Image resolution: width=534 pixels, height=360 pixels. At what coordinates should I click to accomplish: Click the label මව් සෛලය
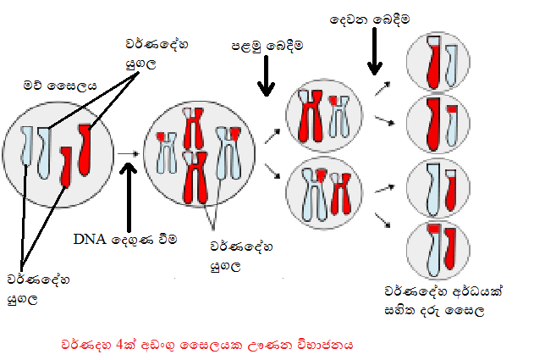point(60,85)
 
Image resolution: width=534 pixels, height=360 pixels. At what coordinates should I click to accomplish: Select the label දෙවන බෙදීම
point(371,18)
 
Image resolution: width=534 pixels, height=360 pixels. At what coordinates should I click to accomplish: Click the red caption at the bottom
point(206,345)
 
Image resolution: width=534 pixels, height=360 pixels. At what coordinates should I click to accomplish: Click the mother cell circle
point(58,151)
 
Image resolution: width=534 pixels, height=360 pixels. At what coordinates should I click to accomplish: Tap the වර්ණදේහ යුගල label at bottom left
point(27,286)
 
